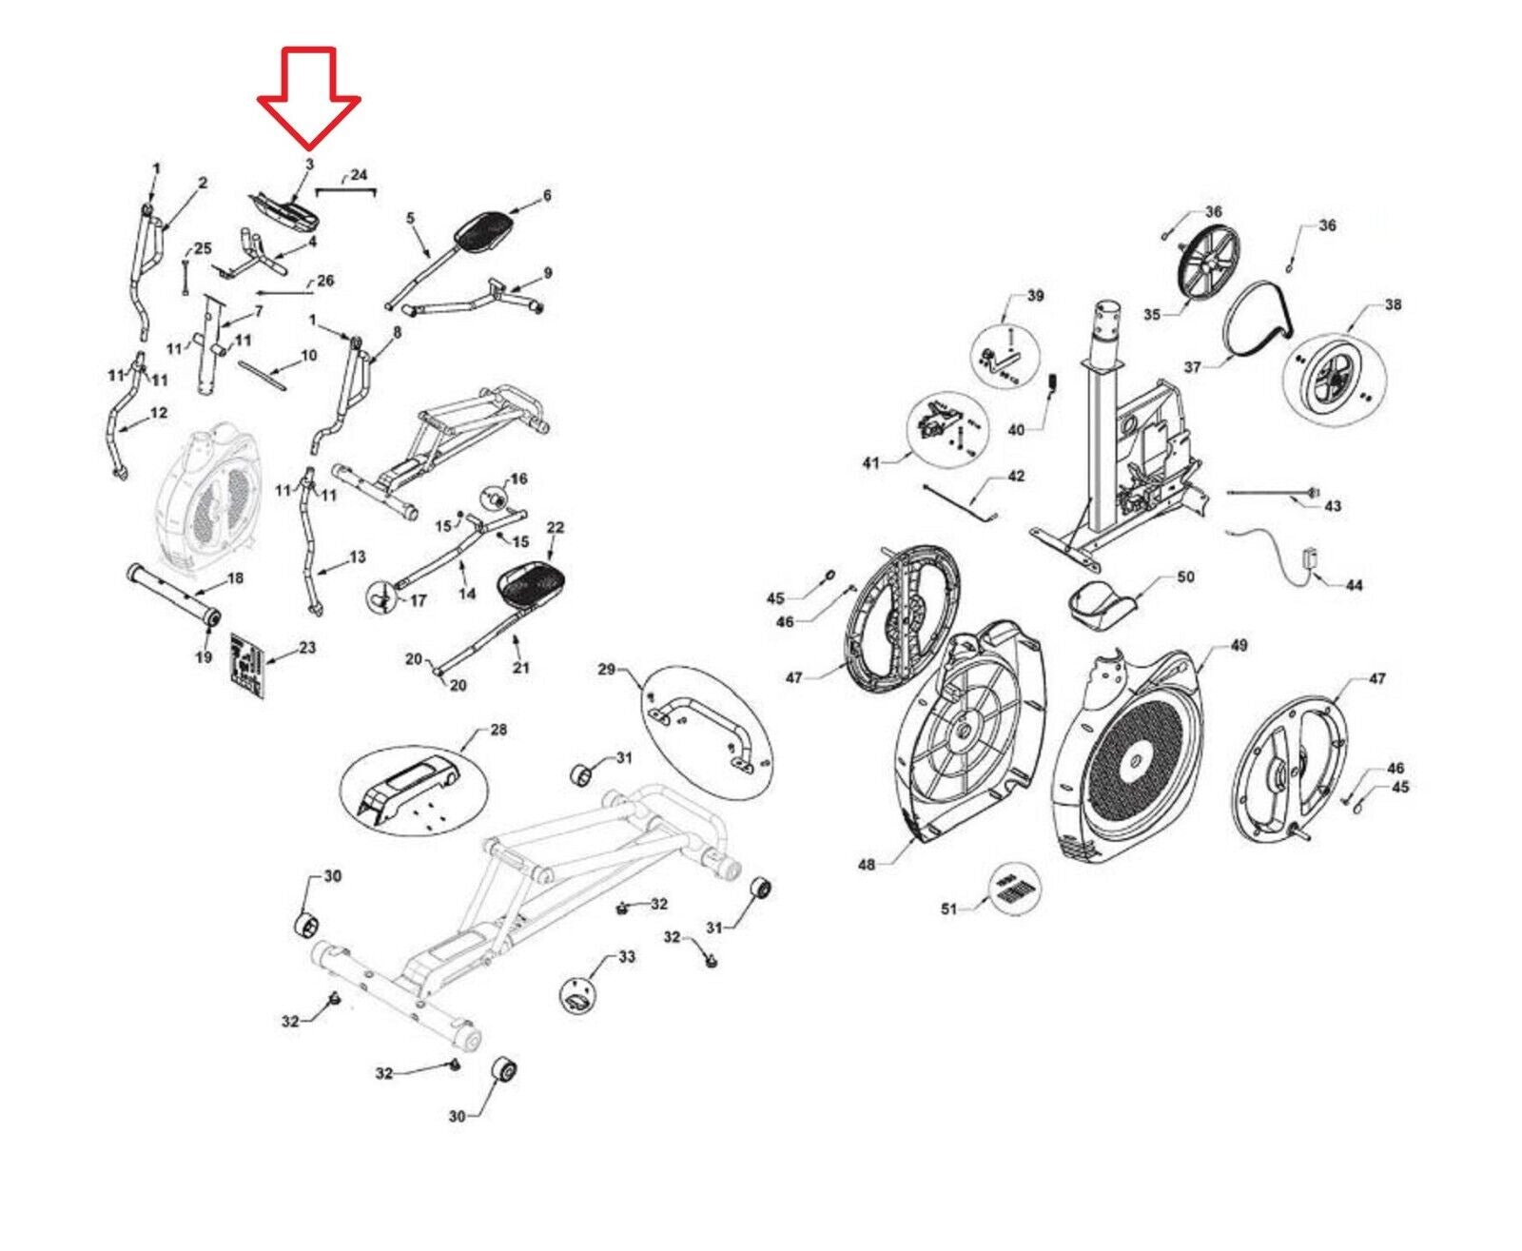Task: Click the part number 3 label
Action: [309, 165]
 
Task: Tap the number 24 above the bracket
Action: [358, 175]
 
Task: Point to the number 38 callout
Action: [1393, 305]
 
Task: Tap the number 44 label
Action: [1354, 585]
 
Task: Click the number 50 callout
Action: [1185, 577]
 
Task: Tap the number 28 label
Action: [498, 730]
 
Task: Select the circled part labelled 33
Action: [579, 994]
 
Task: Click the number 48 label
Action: [866, 865]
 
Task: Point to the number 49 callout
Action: [1238, 645]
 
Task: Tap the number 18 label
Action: [235, 577]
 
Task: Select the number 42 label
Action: [1016, 476]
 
